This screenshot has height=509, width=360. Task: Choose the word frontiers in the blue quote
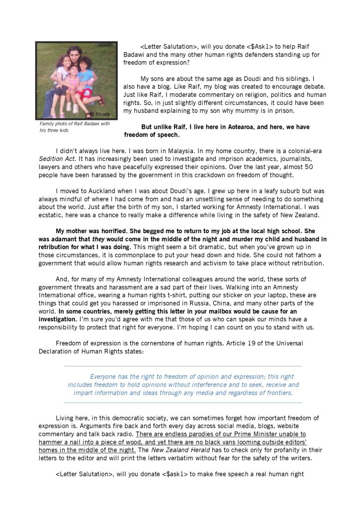(278, 393)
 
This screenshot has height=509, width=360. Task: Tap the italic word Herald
(194, 450)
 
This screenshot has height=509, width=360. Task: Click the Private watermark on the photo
(102, 114)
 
